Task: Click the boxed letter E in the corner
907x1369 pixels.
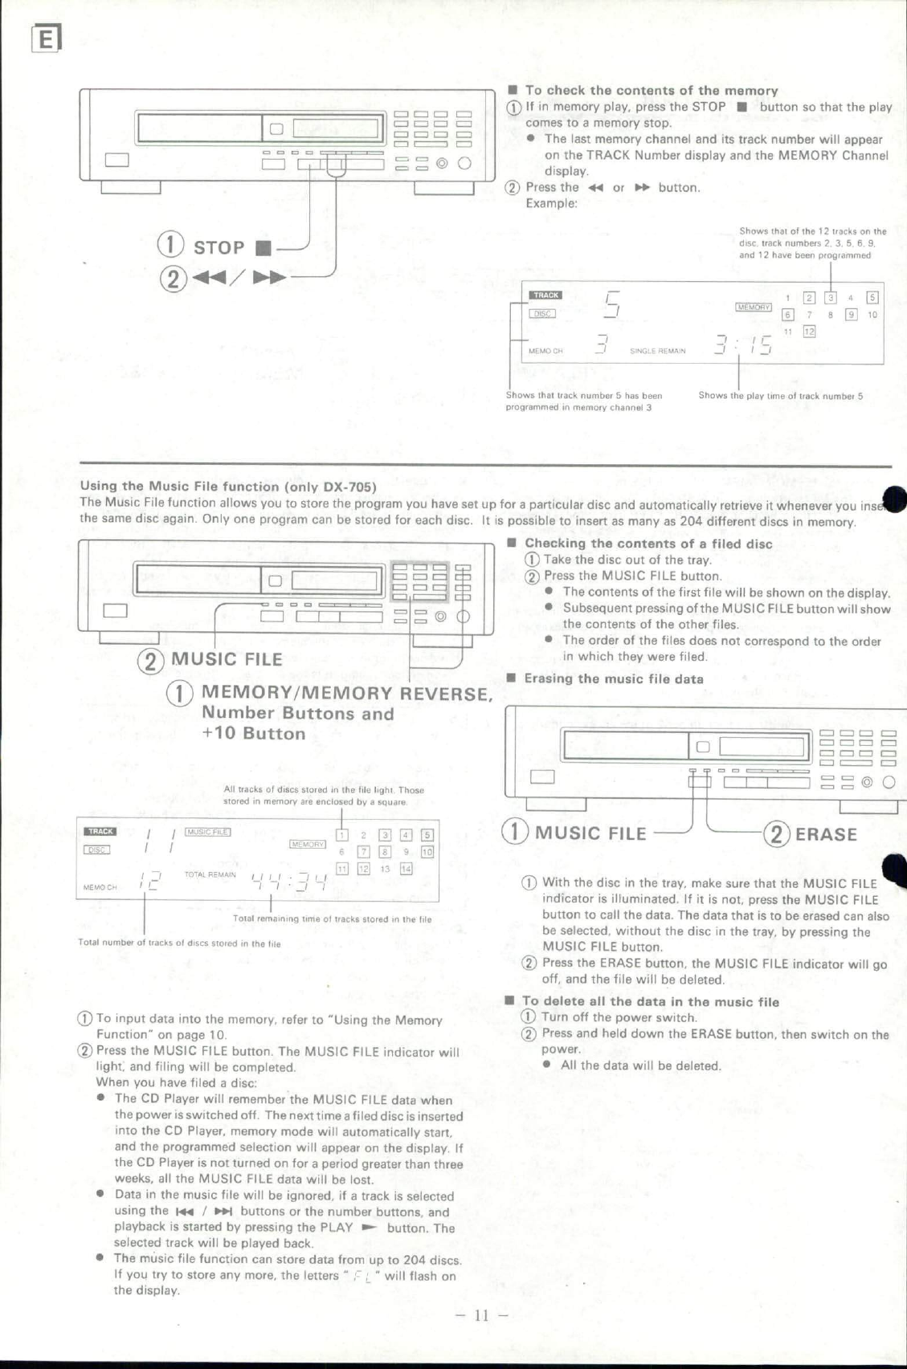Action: tap(47, 39)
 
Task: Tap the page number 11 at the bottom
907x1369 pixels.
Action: tap(481, 1315)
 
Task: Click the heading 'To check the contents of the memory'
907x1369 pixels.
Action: tap(651, 91)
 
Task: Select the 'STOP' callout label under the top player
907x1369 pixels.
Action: tap(219, 247)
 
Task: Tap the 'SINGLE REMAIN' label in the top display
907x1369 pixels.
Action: tap(657, 351)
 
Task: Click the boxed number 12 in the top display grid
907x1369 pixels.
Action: tap(809, 332)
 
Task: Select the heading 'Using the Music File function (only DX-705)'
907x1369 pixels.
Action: tap(228, 486)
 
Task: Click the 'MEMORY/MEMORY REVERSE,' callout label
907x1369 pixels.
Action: tap(346, 693)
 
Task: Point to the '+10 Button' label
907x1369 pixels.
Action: tap(254, 733)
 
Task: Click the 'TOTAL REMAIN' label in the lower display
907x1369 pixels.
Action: tap(210, 874)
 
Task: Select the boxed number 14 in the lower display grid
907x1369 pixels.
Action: tap(406, 869)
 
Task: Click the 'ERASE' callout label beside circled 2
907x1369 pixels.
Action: tap(826, 834)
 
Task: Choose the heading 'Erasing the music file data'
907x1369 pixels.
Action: tap(613, 678)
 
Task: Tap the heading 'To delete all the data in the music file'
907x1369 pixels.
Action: tap(650, 1001)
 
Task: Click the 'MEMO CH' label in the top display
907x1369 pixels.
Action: tap(545, 351)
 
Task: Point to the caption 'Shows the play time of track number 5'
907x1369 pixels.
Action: tap(780, 396)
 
